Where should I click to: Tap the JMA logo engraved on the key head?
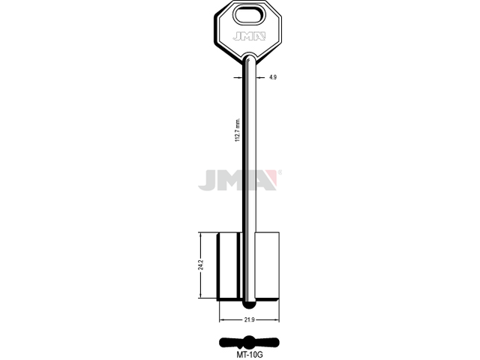(x=248, y=37)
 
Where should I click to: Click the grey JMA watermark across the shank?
(x=238, y=180)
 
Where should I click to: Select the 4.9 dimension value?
(x=273, y=77)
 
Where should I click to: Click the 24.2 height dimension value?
(x=201, y=265)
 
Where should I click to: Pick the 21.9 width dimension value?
(x=249, y=320)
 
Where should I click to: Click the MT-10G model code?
(x=250, y=355)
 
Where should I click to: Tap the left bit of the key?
(x=229, y=266)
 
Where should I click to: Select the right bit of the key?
(x=267, y=265)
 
